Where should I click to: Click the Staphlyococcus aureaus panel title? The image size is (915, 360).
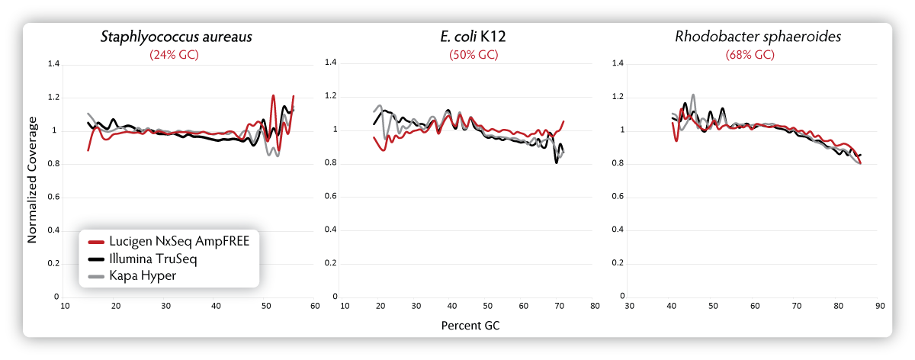pyautogui.click(x=176, y=37)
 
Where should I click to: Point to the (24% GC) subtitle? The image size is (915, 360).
pyautogui.click(x=176, y=55)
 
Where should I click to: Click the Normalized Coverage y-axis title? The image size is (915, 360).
pyautogui.click(x=33, y=180)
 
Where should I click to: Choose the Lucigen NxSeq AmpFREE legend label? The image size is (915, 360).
pyautogui.click(x=180, y=241)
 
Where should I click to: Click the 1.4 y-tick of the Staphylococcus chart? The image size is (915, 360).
pyautogui.click(x=53, y=64)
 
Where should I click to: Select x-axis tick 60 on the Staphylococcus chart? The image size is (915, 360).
pyautogui.click(x=313, y=306)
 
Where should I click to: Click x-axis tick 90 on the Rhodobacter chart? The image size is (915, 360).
pyautogui.click(x=879, y=306)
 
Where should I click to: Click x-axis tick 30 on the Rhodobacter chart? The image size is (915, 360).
pyautogui.click(x=629, y=306)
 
